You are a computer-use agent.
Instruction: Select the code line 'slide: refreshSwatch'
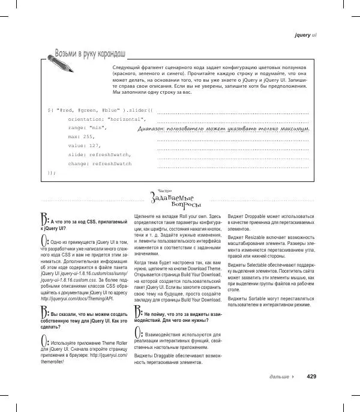99,154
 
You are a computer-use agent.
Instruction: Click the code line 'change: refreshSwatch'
100,163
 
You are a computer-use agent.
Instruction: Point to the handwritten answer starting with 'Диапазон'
223,129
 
